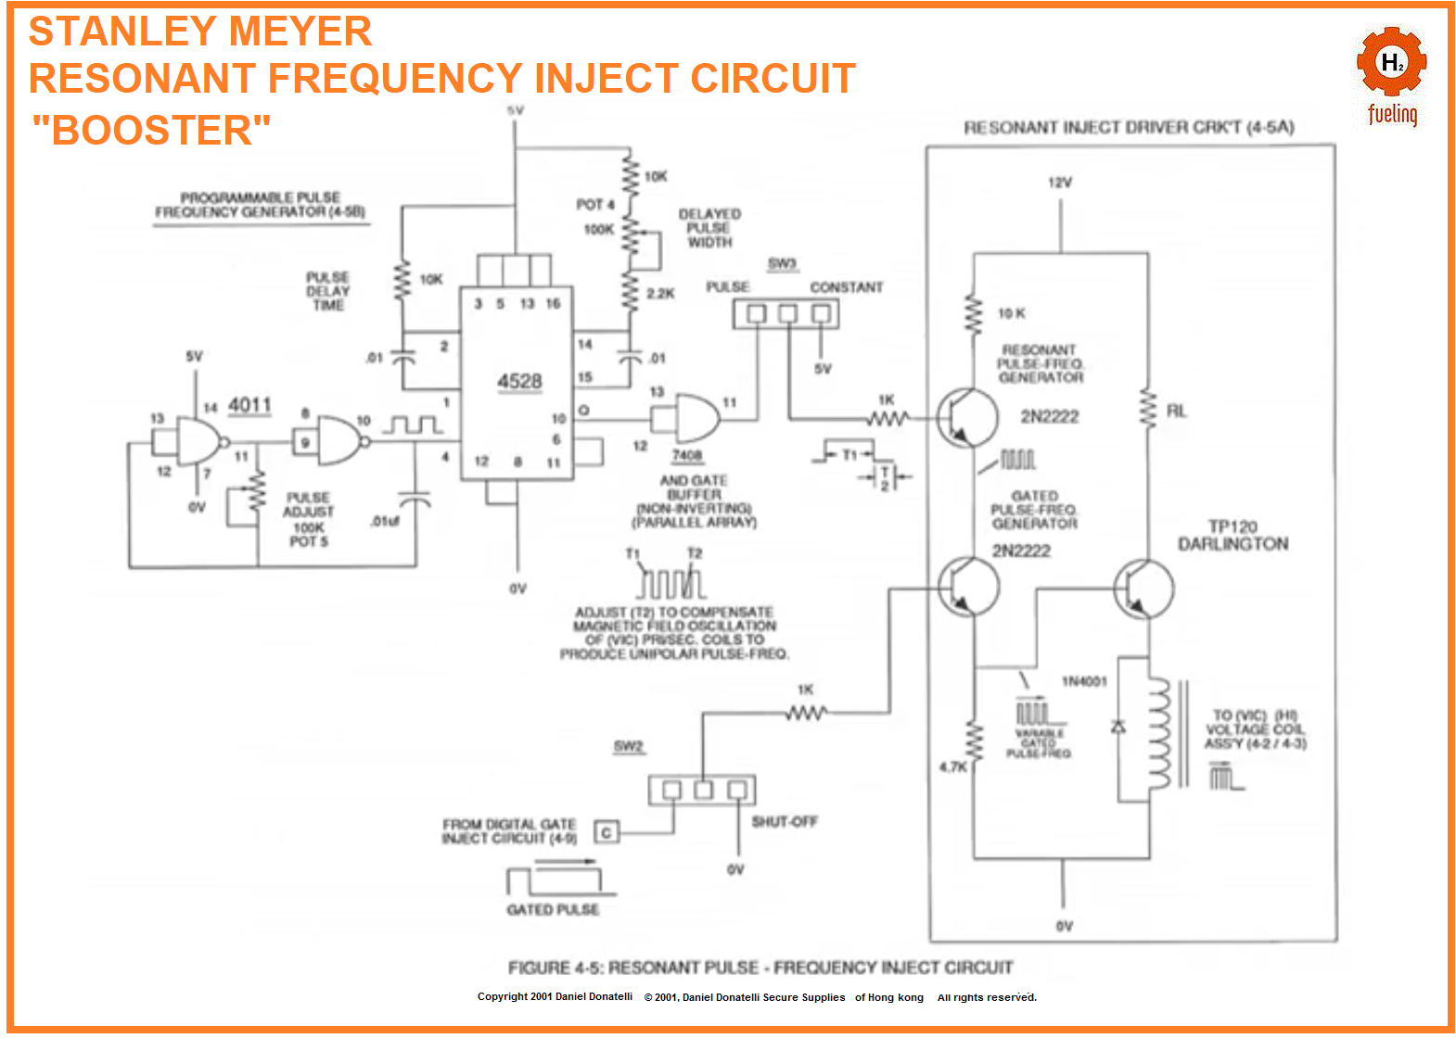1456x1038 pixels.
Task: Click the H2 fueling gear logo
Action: click(x=1391, y=65)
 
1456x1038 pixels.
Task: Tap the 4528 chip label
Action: click(x=519, y=382)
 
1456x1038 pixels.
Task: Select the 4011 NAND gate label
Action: click(x=249, y=405)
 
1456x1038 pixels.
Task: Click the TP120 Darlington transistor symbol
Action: click(x=1143, y=588)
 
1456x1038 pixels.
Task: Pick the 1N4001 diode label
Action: click(x=1084, y=681)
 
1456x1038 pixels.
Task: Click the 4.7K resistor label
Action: click(x=953, y=766)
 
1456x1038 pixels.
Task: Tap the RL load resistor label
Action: click(x=1176, y=411)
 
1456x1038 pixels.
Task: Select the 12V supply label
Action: click(x=1060, y=183)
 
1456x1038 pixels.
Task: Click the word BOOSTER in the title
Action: click(x=152, y=131)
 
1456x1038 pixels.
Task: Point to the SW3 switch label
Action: click(x=782, y=264)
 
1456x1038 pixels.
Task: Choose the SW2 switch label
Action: click(x=628, y=746)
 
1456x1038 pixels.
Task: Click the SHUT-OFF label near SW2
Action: click(x=785, y=821)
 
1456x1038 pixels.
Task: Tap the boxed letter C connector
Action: click(x=606, y=832)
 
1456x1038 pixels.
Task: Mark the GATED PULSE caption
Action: click(x=553, y=910)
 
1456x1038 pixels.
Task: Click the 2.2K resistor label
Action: click(x=660, y=294)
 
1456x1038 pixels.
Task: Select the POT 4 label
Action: click(x=594, y=204)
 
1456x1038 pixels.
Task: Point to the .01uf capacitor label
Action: click(x=385, y=521)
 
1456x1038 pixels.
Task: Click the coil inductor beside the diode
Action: click(x=1159, y=732)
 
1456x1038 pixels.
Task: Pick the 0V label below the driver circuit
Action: click(x=1064, y=926)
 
